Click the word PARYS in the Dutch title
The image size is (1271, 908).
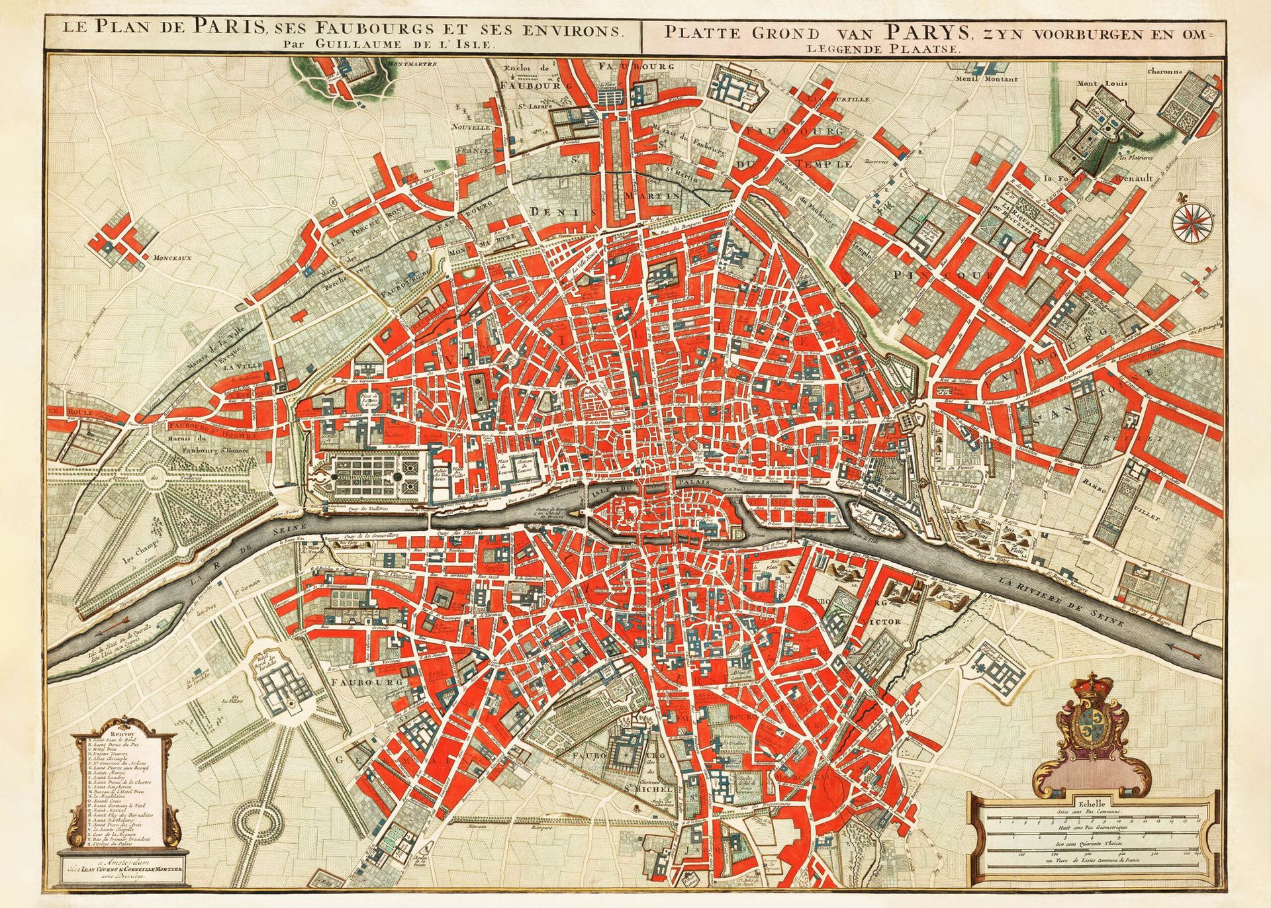pos(916,31)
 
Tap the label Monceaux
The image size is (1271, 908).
pos(172,259)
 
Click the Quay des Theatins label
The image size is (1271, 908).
pos(469,533)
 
